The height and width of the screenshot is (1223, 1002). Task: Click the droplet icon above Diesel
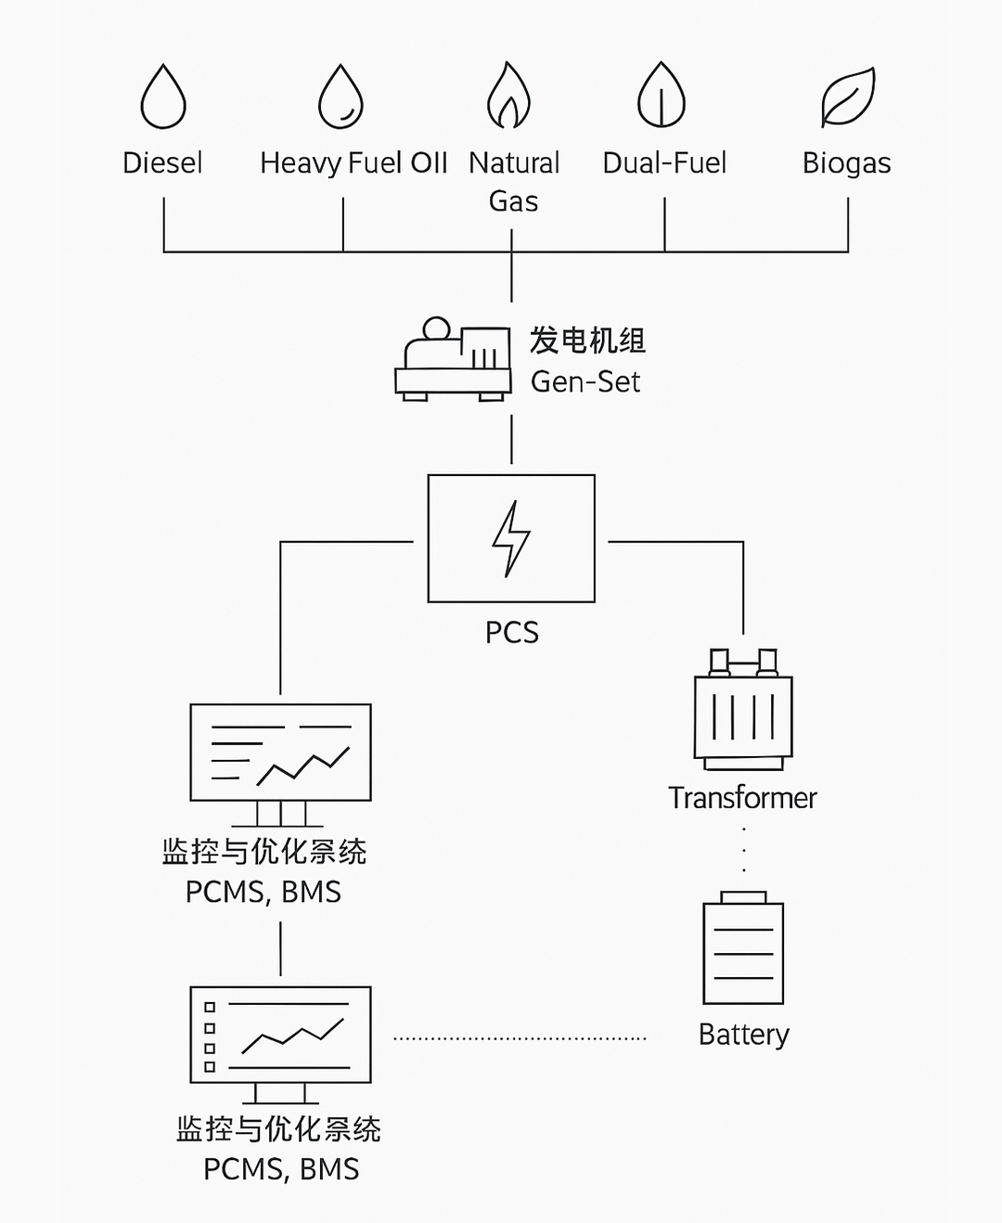pos(163,97)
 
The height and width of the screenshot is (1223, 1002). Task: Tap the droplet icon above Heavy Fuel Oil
pos(340,97)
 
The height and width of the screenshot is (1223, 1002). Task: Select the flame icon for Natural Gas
pos(508,96)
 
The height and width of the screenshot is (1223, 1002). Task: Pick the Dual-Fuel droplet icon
pos(661,96)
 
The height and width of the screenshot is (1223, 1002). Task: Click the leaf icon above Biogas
pos(848,97)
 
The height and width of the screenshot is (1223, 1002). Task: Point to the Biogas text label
pos(846,163)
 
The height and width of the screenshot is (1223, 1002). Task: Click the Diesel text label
pos(162,163)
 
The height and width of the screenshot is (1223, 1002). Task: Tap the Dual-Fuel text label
pos(664,163)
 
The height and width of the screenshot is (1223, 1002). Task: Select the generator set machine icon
pos(453,360)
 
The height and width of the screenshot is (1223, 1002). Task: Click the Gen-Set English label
pos(585,381)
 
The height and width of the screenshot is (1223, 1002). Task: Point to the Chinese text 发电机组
pos(587,341)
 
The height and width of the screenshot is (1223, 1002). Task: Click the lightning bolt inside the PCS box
pos(511,539)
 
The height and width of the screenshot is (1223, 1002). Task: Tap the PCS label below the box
pos(511,633)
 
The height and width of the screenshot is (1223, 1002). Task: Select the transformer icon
pos(743,711)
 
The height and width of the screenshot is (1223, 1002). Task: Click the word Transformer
pos(742,798)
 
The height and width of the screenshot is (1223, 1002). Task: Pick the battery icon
pos(743,948)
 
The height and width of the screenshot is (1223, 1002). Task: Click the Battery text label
pos(743,1035)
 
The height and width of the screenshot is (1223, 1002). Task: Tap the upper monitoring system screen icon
pos(280,753)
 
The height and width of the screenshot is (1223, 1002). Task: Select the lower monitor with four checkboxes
pos(280,1036)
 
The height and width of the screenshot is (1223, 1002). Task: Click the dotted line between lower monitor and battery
pos(520,1038)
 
